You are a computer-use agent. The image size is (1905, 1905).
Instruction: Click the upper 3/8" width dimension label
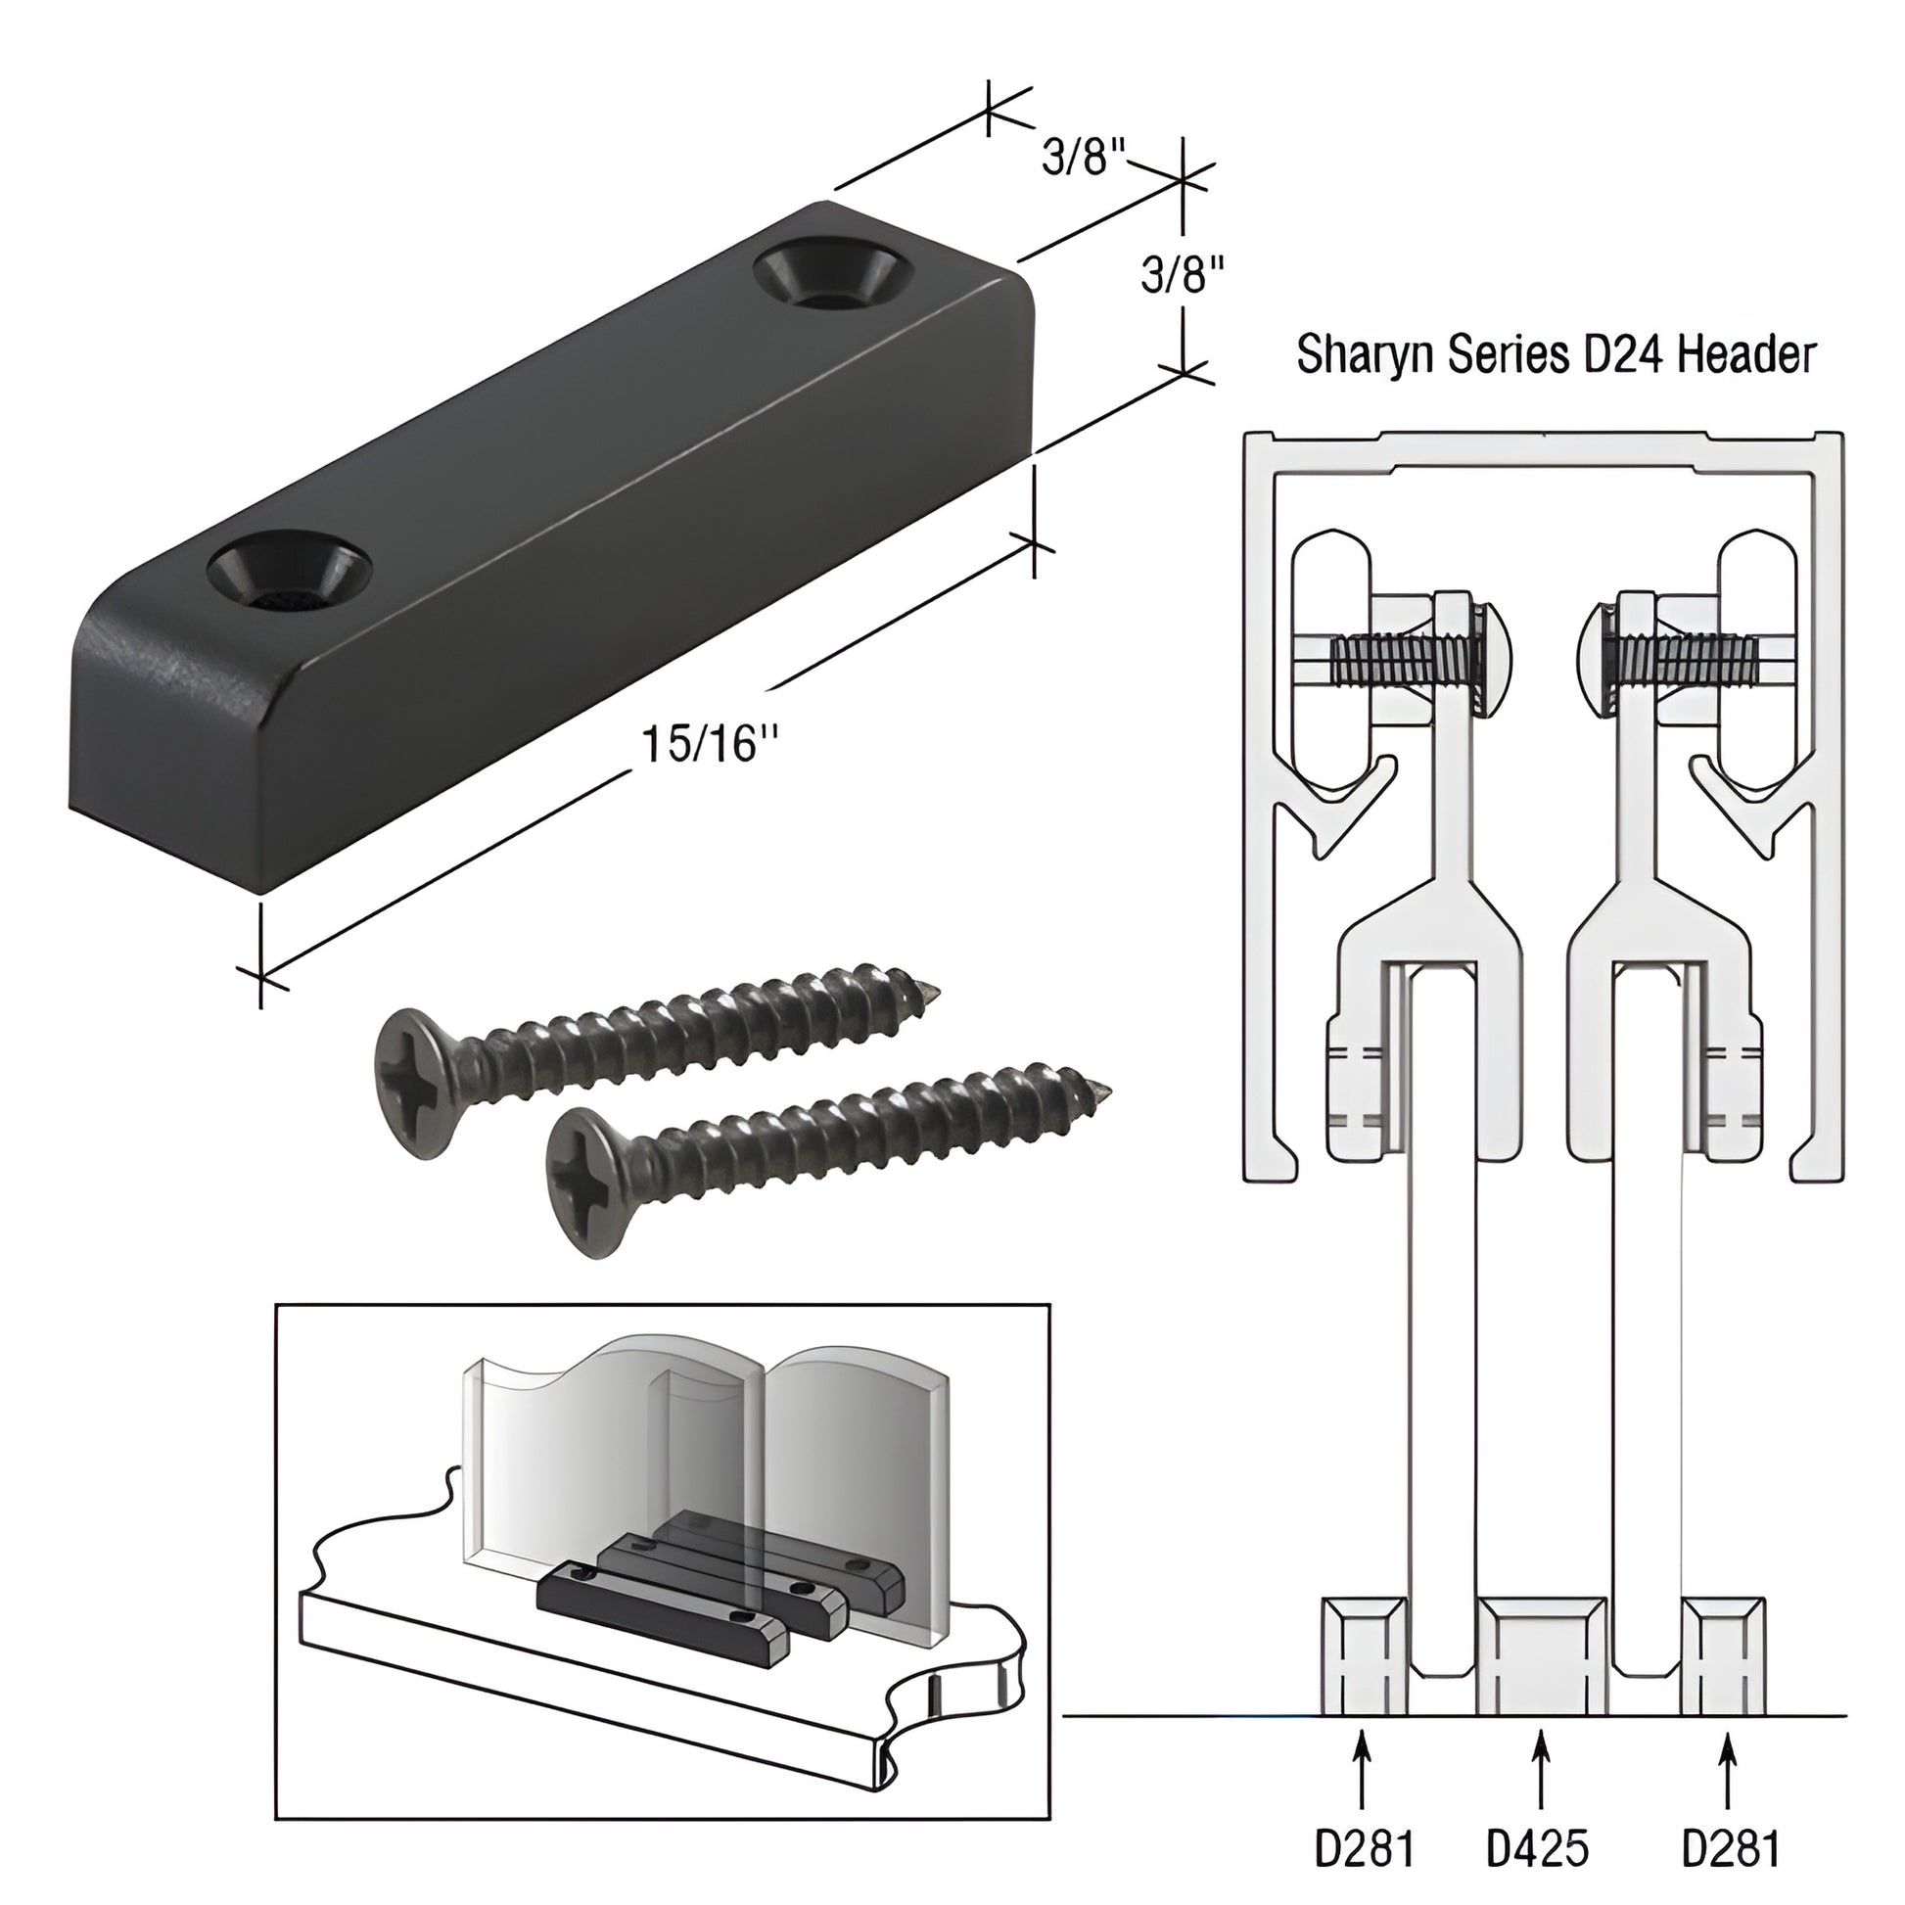click(x=1084, y=157)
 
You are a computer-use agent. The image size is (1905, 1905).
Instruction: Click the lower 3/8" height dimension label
click(x=1183, y=275)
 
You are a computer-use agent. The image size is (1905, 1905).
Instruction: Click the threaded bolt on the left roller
click(x=1390, y=660)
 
